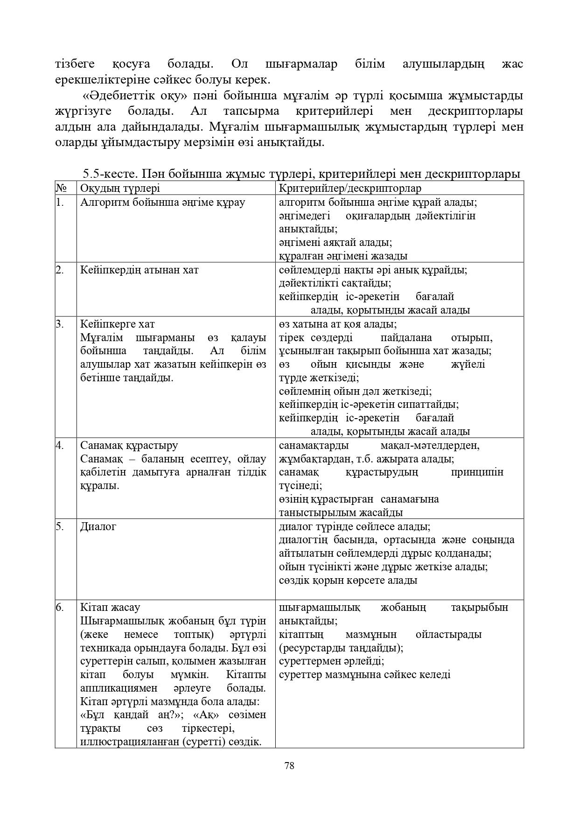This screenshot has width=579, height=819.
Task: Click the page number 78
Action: [289, 766]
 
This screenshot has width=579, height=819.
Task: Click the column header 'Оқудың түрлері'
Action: [120, 188]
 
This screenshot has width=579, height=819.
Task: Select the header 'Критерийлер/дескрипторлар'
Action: [350, 188]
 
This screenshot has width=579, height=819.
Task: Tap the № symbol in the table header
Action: [61, 188]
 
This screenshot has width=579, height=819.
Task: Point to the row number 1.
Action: [59, 202]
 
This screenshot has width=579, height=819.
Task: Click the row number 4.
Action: [60, 445]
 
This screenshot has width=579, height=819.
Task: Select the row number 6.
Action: [59, 607]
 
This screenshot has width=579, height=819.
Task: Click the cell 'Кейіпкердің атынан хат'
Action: [139, 270]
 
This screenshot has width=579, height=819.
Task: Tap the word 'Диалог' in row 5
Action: [98, 526]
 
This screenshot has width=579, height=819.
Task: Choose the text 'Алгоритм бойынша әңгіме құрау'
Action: [162, 202]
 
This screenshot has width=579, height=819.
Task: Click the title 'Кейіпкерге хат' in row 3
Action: [117, 324]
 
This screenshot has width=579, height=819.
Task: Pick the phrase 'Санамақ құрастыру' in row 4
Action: [129, 445]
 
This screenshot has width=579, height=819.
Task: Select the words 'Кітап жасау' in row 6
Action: [110, 607]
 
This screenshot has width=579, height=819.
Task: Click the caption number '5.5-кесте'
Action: [108, 174]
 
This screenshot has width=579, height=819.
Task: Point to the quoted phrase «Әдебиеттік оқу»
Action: [134, 96]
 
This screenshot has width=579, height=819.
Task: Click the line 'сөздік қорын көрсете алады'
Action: [348, 580]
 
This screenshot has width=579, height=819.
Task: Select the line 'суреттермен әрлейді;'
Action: [331, 661]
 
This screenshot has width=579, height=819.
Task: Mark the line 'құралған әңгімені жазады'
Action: [343, 256]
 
